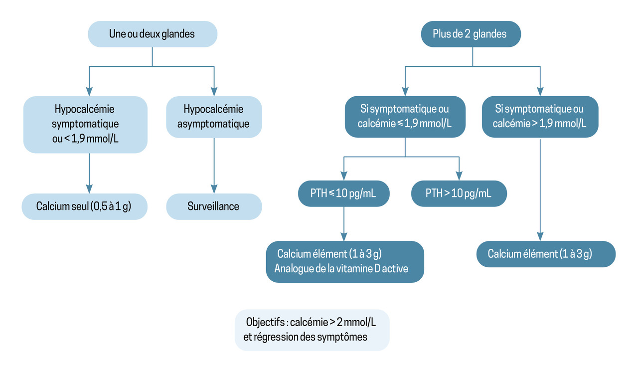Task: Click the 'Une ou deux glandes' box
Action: (152, 34)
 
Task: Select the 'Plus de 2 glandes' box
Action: (470, 34)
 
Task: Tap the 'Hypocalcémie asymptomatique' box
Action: (213, 116)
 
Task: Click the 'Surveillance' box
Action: (213, 206)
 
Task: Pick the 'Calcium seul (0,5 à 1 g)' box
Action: (84, 206)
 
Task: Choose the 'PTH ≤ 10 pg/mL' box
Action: (343, 193)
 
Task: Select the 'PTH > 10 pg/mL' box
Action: (459, 193)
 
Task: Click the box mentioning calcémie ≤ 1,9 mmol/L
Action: (405, 116)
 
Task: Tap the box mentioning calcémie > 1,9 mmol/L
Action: (540, 116)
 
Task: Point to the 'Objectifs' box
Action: (312, 329)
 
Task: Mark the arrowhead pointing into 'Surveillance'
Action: (214, 189)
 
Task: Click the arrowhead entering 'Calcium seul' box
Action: (89, 189)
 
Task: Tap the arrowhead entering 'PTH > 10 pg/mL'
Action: (459, 176)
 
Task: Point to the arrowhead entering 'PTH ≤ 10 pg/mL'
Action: (343, 176)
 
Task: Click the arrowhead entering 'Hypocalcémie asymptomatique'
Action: (214, 91)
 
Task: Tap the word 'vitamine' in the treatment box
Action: (357, 269)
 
